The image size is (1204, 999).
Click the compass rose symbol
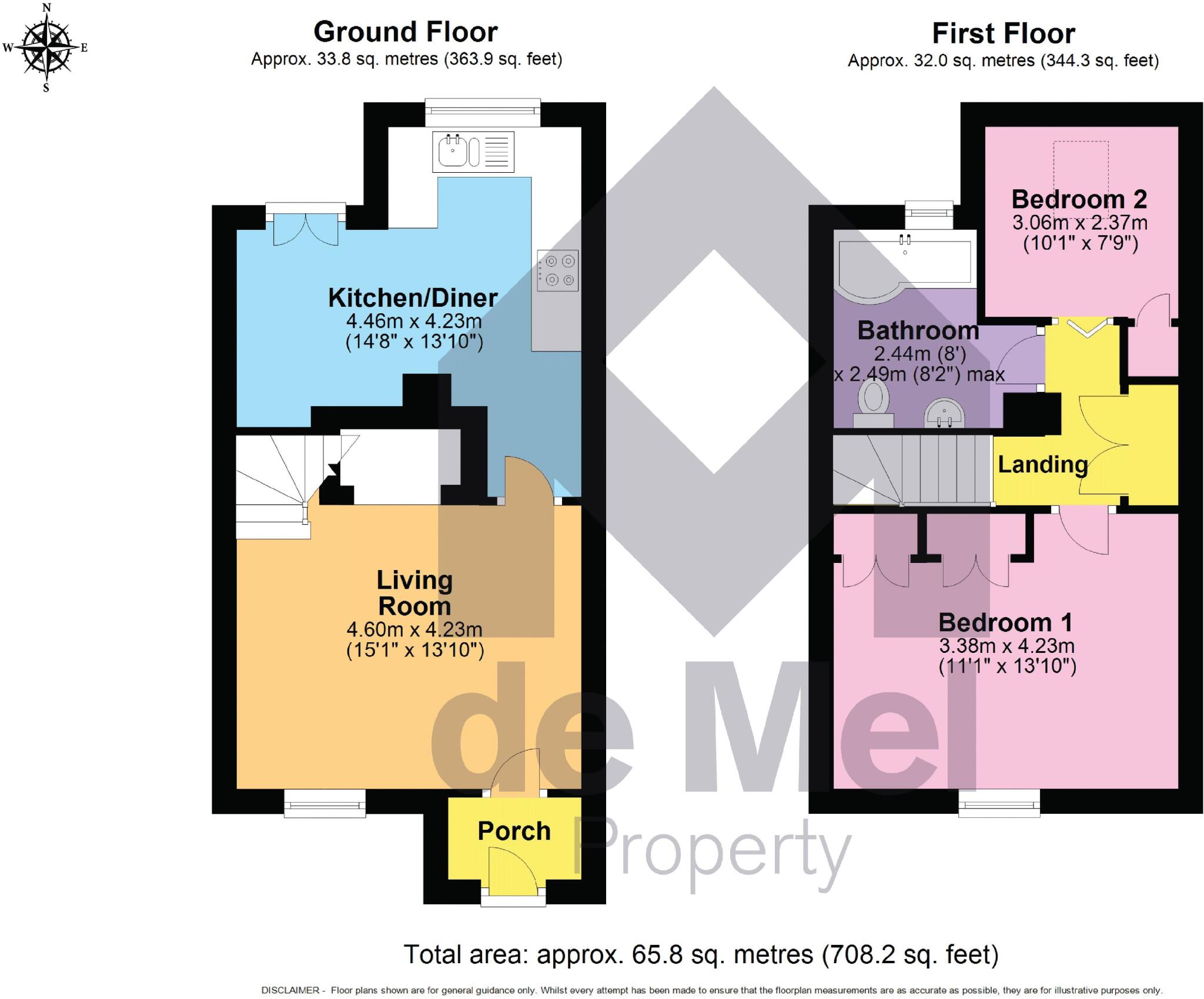coord(46,47)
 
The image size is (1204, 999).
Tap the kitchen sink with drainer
coord(473,152)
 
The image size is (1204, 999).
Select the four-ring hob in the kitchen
coord(557,270)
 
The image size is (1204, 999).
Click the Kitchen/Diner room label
coord(413,298)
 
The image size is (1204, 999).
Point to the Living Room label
coord(414,593)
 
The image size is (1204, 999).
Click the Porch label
coord(514,831)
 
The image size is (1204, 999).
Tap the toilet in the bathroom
coord(872,402)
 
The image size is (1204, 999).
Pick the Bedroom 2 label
coord(1079,200)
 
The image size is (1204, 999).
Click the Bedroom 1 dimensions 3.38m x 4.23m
coord(1006,646)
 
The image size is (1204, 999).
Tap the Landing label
coord(1042,465)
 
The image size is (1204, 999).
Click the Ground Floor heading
coord(406,32)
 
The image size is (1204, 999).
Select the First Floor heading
coord(1004,33)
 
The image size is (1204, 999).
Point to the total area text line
coord(701,954)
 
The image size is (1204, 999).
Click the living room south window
coord(325,803)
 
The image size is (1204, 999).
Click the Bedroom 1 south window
coord(999,803)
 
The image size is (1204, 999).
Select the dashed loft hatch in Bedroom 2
coord(1081,176)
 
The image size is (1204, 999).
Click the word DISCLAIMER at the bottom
coord(290,990)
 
